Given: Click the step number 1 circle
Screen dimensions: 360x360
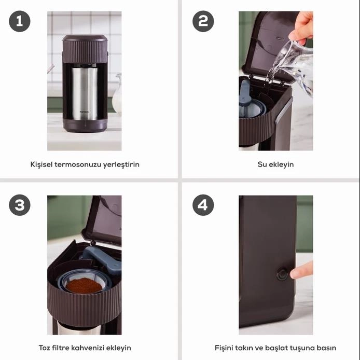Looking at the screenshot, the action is pyautogui.click(x=20, y=21).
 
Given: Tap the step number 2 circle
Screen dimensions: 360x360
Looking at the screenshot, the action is pyautogui.click(x=203, y=21).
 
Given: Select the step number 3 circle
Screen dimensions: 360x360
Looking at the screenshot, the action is pyautogui.click(x=20, y=205).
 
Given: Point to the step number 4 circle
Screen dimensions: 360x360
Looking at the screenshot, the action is pyautogui.click(x=203, y=205).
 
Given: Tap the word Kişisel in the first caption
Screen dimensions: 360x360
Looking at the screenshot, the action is pyautogui.click(x=41, y=164).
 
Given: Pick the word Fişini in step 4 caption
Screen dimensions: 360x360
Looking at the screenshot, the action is pyautogui.click(x=223, y=348).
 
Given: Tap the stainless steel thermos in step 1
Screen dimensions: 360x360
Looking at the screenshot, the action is pyautogui.click(x=84, y=93).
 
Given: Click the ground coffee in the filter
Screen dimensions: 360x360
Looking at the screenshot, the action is pyautogui.click(x=84, y=285).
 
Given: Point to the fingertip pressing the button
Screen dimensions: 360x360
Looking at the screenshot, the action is pyautogui.click(x=296, y=273).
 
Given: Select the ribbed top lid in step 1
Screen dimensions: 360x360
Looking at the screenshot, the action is pyautogui.click(x=85, y=49).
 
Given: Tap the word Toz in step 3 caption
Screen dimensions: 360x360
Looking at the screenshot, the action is pyautogui.click(x=44, y=348).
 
